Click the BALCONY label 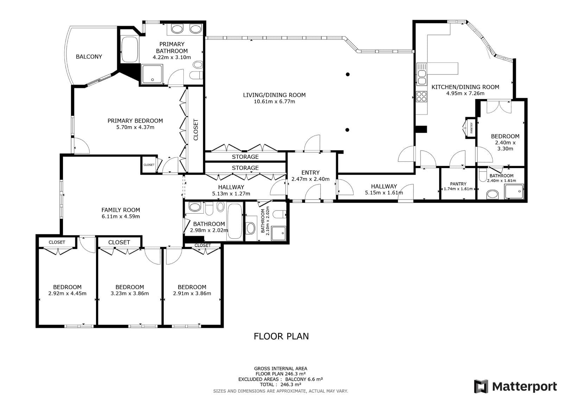[89, 57]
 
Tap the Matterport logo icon [481, 386]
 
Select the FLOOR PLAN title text [281, 336]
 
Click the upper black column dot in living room [348, 74]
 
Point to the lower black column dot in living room [347, 130]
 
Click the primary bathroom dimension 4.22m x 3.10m [172, 57]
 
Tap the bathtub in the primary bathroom [129, 50]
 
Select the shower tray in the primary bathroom [152, 74]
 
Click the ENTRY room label [310, 172]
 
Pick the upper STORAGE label [245, 157]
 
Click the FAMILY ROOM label [121, 210]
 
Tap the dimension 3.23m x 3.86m [129, 293]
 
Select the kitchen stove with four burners [421, 96]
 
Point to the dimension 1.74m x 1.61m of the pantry [458, 189]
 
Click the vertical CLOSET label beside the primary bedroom [196, 130]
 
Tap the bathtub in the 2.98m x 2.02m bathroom [235, 221]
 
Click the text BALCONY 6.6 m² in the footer [304, 379]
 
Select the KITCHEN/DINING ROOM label [465, 87]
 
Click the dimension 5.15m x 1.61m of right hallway [384, 193]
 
